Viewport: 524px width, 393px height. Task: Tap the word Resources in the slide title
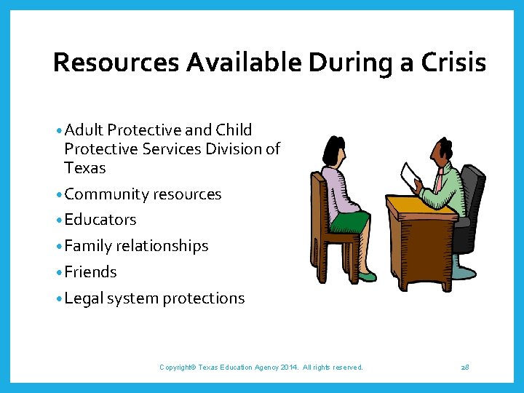coord(116,63)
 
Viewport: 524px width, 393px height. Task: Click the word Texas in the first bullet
coord(84,168)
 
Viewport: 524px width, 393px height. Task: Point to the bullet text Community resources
coord(143,194)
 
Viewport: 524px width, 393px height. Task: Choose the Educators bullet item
coord(100,220)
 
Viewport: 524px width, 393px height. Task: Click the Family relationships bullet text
coord(136,246)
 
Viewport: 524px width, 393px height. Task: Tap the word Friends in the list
coord(90,272)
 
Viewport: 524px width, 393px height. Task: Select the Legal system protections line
coord(154,298)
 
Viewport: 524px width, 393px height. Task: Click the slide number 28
coord(465,368)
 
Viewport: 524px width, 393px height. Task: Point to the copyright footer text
coord(261,368)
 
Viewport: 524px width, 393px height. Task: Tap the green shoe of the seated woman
coord(368,277)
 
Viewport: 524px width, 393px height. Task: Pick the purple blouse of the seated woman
coord(337,191)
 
